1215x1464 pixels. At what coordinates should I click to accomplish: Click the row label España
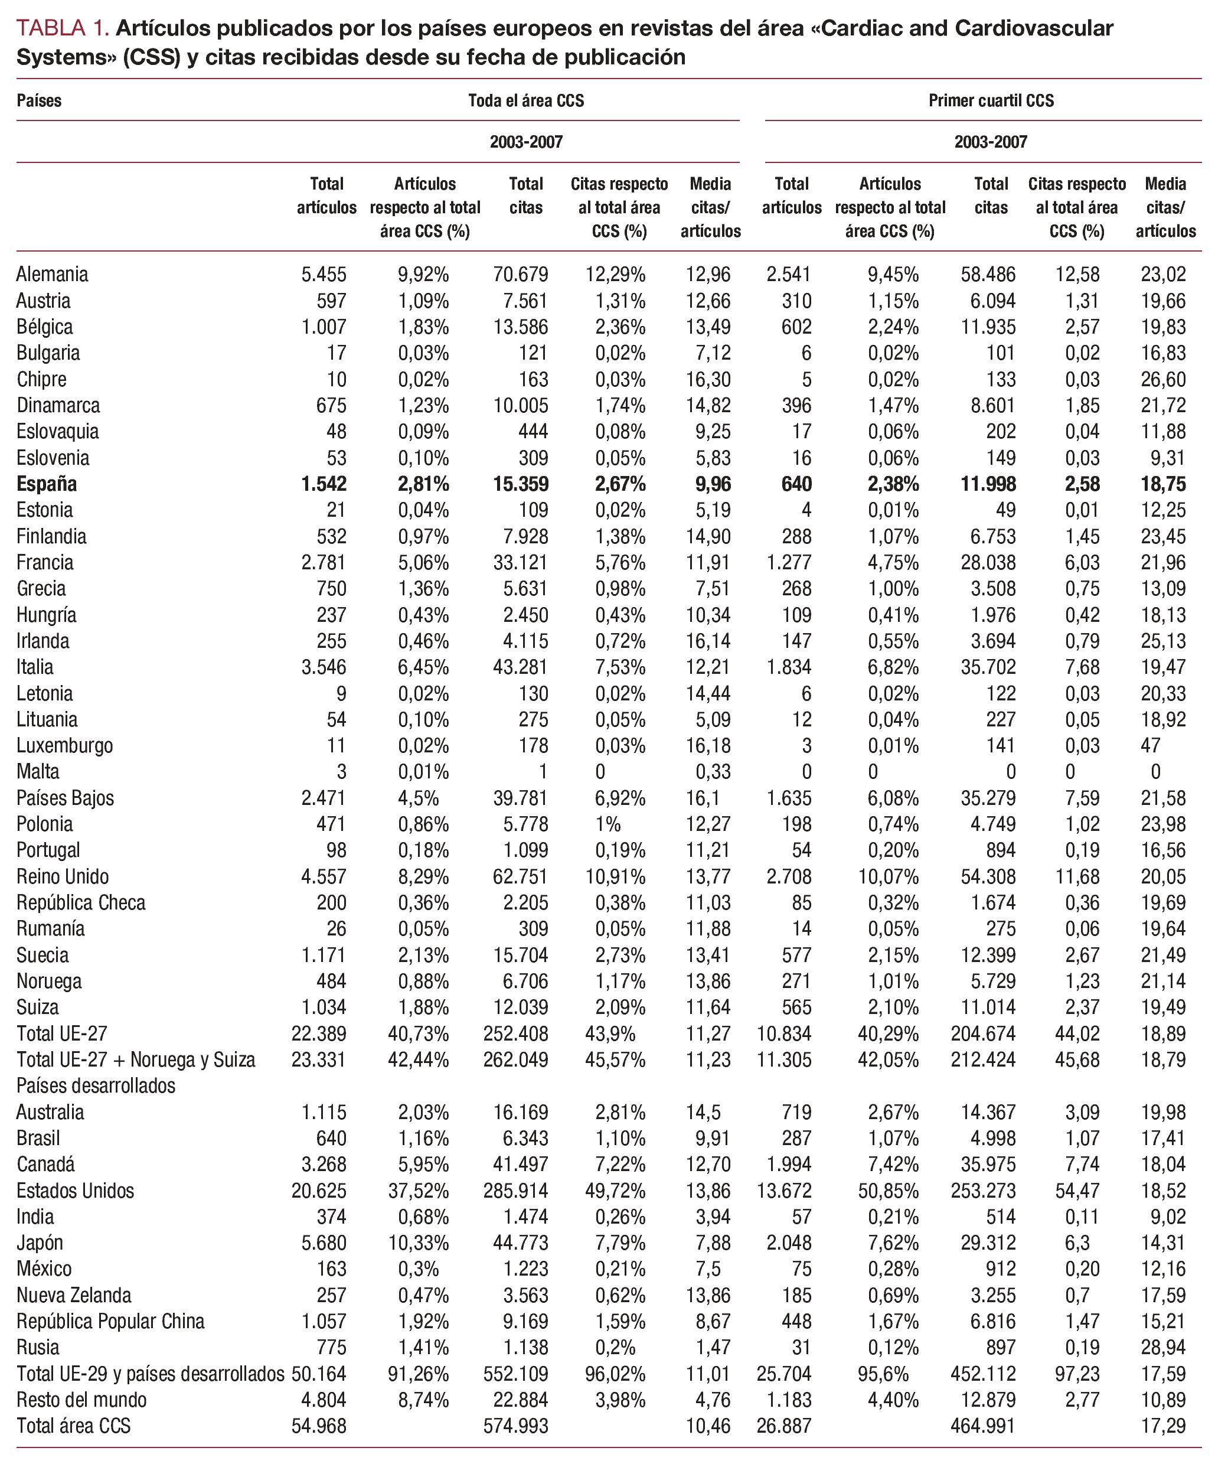click(47, 484)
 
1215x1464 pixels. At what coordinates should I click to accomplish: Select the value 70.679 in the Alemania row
click(520, 274)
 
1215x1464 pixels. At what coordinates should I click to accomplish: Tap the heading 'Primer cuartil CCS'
click(991, 100)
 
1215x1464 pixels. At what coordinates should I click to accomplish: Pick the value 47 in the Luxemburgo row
click(1150, 745)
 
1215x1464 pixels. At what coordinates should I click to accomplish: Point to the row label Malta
click(38, 772)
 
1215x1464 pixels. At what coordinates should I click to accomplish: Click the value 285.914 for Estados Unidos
click(516, 1190)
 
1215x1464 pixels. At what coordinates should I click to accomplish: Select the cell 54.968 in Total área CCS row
click(319, 1426)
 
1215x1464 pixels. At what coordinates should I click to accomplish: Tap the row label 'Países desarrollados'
click(96, 1085)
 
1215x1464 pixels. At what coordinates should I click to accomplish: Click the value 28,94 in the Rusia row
click(1162, 1347)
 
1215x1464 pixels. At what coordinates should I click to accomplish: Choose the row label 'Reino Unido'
click(63, 876)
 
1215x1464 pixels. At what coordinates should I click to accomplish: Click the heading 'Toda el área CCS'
click(525, 100)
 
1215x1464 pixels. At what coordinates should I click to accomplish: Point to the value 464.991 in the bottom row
click(983, 1426)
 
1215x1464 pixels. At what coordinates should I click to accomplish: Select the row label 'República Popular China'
click(111, 1321)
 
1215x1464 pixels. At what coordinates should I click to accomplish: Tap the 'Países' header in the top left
click(39, 100)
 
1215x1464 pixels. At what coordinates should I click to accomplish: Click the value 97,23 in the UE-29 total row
click(1077, 1374)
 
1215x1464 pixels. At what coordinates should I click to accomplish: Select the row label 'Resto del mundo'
click(81, 1399)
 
